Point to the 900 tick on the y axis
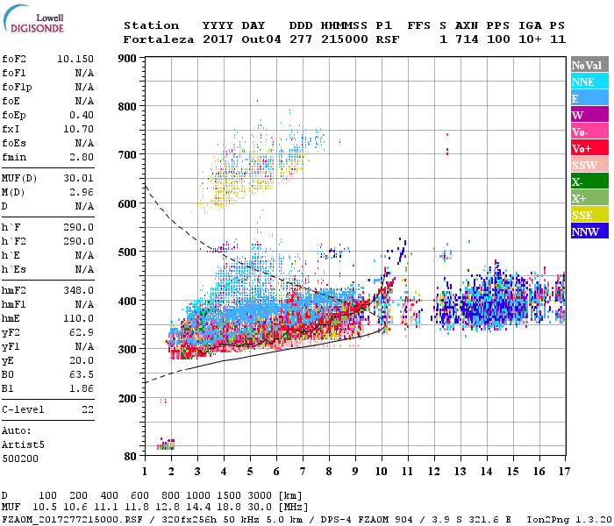128,59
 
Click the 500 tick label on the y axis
128,252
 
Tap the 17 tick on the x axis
562,471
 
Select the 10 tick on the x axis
381,471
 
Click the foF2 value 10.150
75,59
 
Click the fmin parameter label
15,157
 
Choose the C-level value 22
88,409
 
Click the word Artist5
22,444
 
